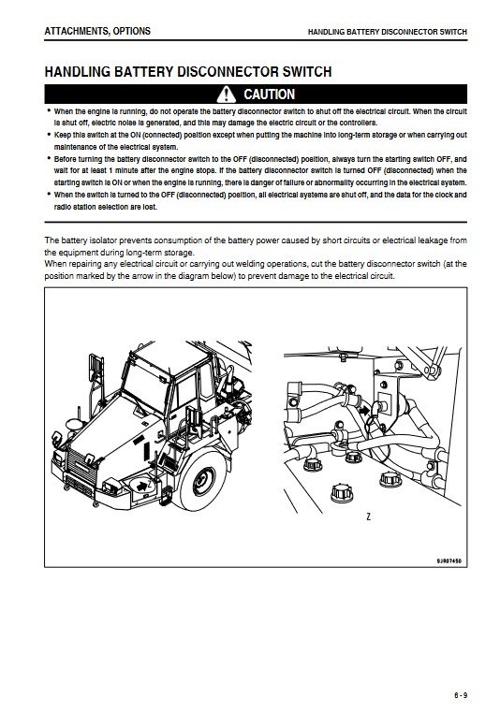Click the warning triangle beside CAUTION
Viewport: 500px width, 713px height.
226,95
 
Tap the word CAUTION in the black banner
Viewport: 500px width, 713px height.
270,95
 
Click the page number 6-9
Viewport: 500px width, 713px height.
461,695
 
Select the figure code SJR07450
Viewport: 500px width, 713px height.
449,560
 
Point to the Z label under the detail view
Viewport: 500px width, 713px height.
369,517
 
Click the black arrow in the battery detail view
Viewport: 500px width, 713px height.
364,411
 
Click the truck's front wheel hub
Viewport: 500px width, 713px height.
203,481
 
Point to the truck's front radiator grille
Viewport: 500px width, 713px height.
81,468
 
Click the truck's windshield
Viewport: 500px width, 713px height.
145,387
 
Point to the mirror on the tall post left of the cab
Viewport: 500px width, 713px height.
96,368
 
